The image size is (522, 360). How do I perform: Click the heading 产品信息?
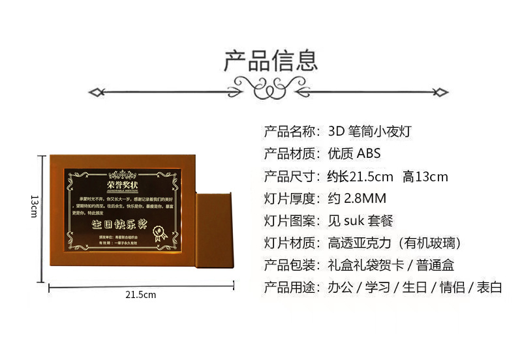click(271, 60)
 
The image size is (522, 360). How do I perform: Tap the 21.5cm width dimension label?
click(141, 295)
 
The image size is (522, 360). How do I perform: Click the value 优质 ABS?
click(353, 154)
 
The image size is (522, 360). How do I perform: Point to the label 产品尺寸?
click(291, 177)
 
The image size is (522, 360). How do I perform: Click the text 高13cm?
click(425, 177)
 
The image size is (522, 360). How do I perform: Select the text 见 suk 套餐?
click(360, 221)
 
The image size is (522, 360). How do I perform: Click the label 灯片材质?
click(291, 243)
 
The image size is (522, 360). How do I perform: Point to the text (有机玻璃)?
click(430, 243)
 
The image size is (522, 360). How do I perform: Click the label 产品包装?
click(291, 265)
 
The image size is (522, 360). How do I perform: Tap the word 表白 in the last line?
click(489, 288)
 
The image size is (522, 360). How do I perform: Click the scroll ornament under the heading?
click(270, 88)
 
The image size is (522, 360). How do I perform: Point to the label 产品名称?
click(291, 132)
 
